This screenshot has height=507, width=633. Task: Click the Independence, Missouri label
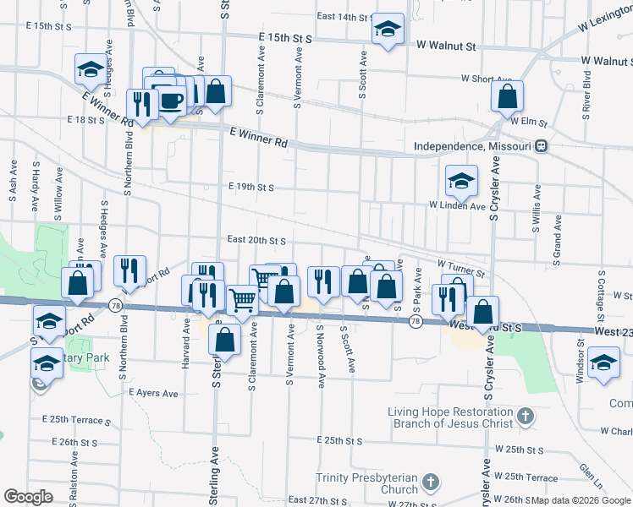(x=474, y=146)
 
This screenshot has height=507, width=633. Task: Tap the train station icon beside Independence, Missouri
(x=541, y=146)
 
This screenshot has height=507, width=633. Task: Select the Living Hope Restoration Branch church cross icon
(x=526, y=416)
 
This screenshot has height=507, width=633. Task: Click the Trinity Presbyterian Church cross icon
(x=431, y=482)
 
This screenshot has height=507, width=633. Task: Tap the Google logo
(x=28, y=496)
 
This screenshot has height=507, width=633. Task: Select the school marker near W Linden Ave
(x=461, y=181)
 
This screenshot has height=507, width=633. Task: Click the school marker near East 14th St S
(x=387, y=30)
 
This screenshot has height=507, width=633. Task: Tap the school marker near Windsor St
(x=603, y=363)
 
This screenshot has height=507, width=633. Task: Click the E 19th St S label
(x=251, y=187)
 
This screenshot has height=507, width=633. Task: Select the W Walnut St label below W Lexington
(x=606, y=61)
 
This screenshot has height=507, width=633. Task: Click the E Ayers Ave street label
(x=154, y=393)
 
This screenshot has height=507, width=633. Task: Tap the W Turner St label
(x=462, y=268)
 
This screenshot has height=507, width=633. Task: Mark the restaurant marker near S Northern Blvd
(x=129, y=270)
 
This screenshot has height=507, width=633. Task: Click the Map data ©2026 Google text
(x=581, y=500)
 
